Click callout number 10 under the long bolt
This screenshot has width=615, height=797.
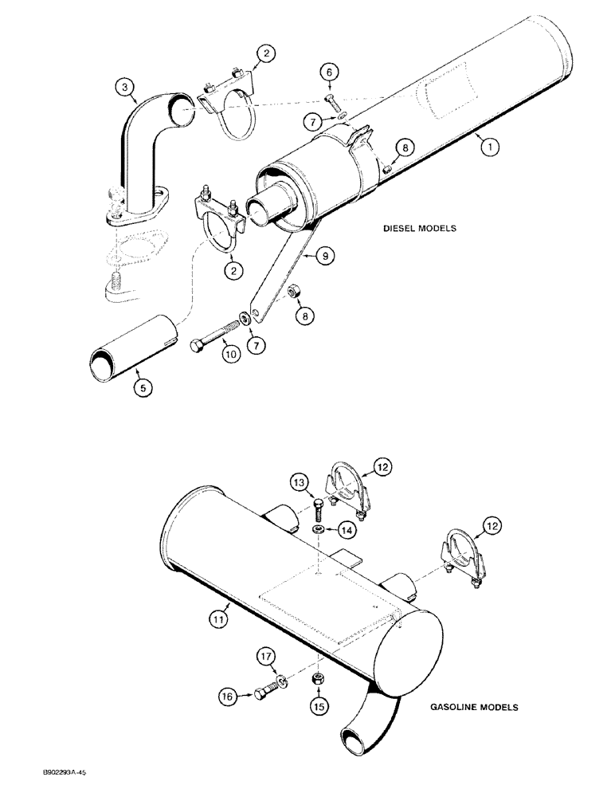(229, 352)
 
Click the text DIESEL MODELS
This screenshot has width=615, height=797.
(418, 228)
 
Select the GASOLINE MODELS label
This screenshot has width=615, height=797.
(474, 707)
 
